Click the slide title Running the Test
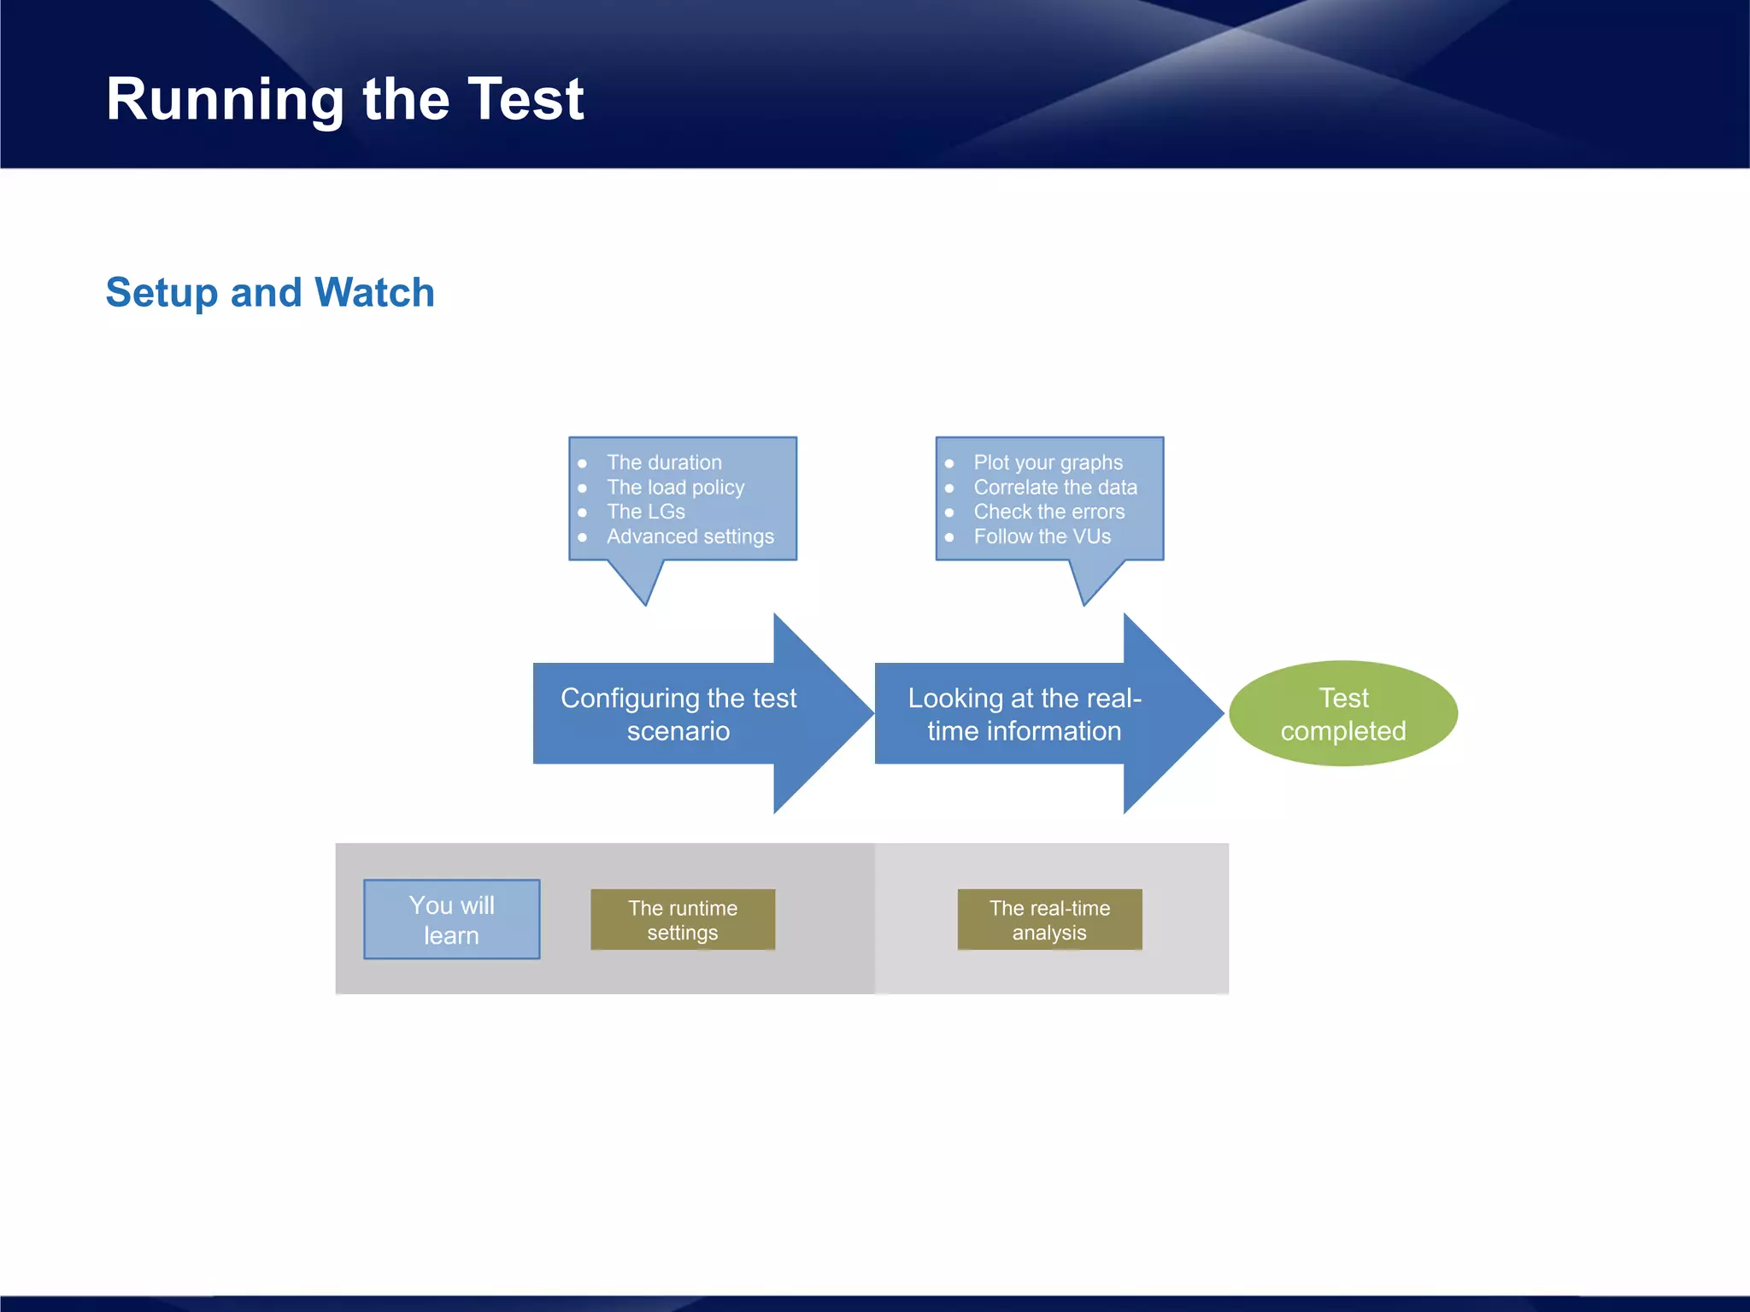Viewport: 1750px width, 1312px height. (x=344, y=99)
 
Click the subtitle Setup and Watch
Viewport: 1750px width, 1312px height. (x=270, y=292)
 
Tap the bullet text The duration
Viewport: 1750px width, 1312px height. (x=664, y=462)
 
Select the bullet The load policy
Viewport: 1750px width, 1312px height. (x=675, y=487)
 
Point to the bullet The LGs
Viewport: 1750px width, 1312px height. (x=645, y=512)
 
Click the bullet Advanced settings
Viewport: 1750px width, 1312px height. (x=690, y=536)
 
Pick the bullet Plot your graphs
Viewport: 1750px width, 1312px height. (x=1048, y=462)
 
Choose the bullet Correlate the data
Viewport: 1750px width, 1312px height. (x=1055, y=487)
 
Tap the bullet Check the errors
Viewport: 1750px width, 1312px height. (x=1048, y=512)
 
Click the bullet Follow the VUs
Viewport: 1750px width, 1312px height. (x=1042, y=536)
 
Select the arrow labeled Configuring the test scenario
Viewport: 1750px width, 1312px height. (x=678, y=714)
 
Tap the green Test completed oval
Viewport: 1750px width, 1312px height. (x=1342, y=713)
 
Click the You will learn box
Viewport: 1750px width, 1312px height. (x=451, y=919)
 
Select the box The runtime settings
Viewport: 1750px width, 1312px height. (x=682, y=920)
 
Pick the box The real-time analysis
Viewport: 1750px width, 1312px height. (x=1049, y=920)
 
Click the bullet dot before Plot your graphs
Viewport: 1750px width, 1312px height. (x=949, y=464)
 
